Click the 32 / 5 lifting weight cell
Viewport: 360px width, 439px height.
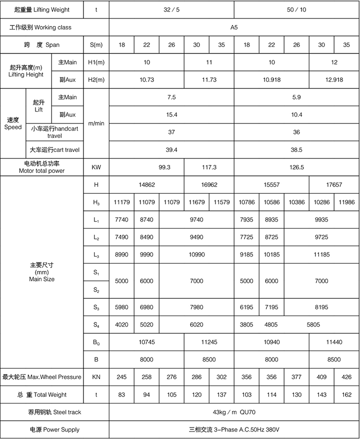click(171, 9)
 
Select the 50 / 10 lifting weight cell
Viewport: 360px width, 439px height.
click(296, 9)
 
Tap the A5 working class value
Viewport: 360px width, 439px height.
click(234, 27)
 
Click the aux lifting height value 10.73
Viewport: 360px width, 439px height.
click(146, 80)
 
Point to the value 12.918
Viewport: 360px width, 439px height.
click(334, 80)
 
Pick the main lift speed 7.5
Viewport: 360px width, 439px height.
click(171, 97)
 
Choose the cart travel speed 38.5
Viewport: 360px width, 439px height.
click(296, 149)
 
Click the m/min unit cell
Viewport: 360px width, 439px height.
click(96, 123)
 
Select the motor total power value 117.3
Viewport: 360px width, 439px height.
click(209, 167)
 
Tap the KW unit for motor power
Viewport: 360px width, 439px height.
click(96, 167)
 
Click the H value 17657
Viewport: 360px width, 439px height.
click(334, 184)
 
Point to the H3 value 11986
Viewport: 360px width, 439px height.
click(346, 202)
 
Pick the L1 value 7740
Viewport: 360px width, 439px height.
click(121, 219)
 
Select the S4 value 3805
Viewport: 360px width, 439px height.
click(246, 324)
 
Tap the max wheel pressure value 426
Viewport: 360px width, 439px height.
click(346, 377)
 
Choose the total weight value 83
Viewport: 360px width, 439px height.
click(121, 394)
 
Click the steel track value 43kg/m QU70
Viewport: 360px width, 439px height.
click(234, 412)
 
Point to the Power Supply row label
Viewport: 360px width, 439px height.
click(54, 429)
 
